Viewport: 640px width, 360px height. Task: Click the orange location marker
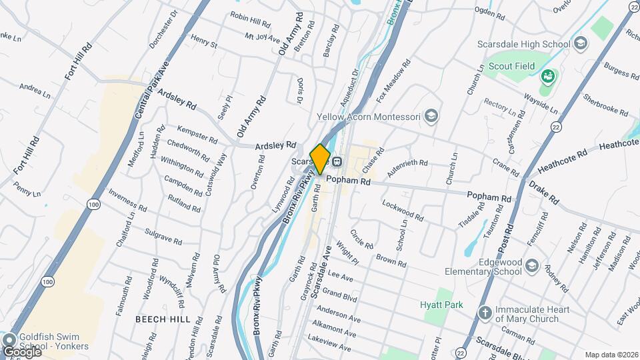click(321, 159)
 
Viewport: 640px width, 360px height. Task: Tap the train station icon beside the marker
click(337, 161)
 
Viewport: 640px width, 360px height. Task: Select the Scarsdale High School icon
click(581, 44)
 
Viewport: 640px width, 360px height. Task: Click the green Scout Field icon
click(548, 77)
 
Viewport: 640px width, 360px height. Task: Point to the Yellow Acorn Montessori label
click(368, 117)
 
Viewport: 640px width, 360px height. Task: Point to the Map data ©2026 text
click(611, 355)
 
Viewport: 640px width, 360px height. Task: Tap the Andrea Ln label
click(35, 91)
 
